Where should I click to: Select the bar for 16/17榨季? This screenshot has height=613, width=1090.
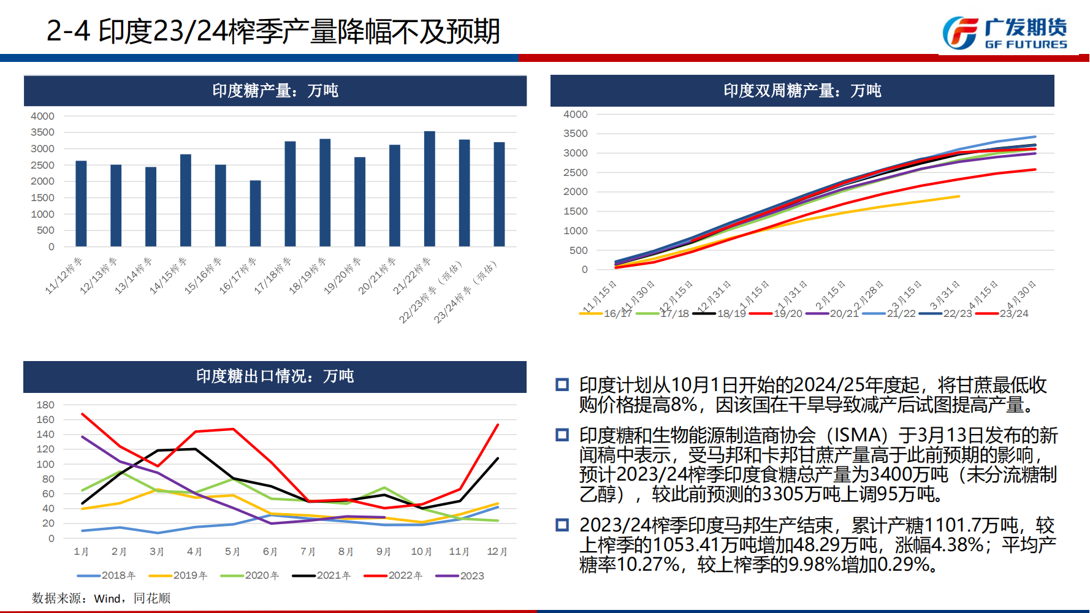255,213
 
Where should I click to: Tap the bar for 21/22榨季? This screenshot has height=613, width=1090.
430,189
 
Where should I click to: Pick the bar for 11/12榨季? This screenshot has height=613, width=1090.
81,204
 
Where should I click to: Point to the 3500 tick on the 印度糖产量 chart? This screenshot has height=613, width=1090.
43,132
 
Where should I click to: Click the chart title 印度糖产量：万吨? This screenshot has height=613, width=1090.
275,91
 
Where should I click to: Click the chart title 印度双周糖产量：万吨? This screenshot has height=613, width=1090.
802,91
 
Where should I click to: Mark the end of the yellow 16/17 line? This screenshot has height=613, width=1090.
959,196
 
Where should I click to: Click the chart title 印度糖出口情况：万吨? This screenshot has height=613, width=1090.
275,376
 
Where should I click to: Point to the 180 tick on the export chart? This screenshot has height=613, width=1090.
45,405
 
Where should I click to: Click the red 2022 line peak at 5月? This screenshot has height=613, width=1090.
233,429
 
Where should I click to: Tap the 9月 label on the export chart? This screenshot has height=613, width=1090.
384,552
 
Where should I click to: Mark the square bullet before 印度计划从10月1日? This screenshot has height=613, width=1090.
562,385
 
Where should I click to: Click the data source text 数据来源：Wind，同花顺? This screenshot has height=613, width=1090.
101,598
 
